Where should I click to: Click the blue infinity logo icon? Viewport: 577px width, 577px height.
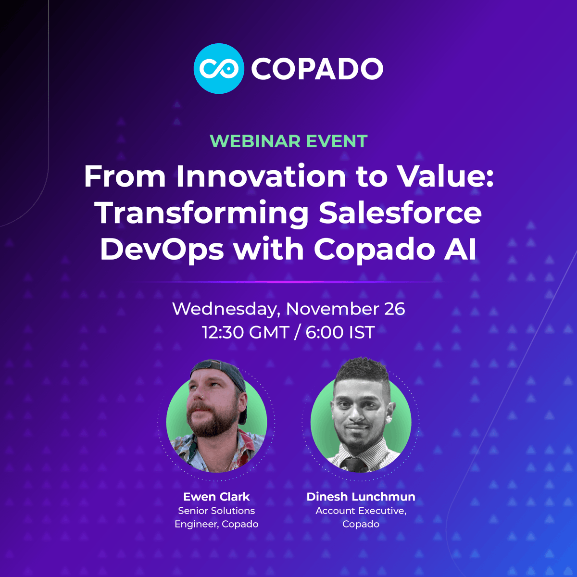click(219, 68)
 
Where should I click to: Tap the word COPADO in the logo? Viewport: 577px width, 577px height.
click(317, 69)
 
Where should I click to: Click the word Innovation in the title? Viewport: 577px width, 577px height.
click(261, 176)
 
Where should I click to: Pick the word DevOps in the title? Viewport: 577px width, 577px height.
click(162, 250)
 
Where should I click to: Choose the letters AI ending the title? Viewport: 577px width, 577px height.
click(462, 250)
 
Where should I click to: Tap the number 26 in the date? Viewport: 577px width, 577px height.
click(394, 309)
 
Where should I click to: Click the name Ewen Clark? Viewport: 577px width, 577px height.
click(216, 497)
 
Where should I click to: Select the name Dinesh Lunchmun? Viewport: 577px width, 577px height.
click(361, 497)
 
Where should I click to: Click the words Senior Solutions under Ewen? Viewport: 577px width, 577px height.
click(216, 511)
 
